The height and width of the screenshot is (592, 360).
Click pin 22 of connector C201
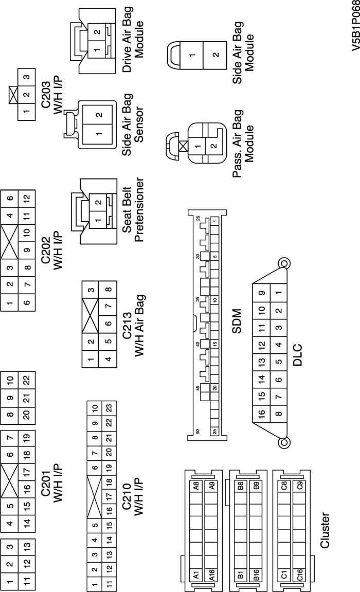[27, 381]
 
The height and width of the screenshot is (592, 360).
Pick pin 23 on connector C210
[110, 407]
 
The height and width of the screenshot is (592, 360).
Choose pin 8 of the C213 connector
[106, 290]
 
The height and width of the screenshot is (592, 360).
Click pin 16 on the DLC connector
[262, 413]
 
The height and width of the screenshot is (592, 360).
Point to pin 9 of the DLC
[262, 294]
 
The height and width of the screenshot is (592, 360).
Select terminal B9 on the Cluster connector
[255, 485]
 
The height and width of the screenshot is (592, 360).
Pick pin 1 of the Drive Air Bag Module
[97, 35]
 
